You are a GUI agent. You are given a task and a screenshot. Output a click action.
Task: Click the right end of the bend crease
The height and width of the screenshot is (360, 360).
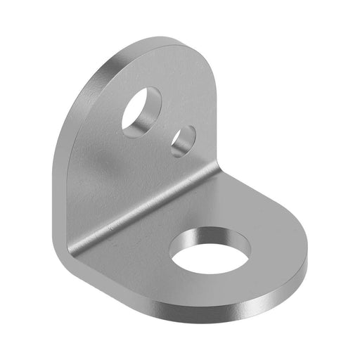pyautogui.click(x=219, y=168)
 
